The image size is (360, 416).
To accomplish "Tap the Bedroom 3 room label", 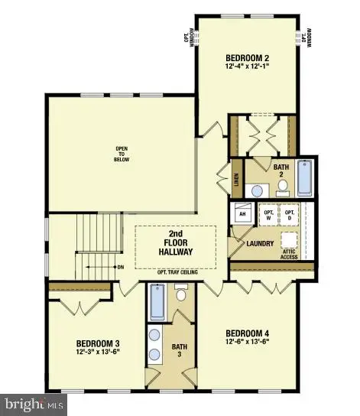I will pos(98,343).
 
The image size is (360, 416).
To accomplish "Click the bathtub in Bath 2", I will pos(303,177).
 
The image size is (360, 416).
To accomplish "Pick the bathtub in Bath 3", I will pos(157,303).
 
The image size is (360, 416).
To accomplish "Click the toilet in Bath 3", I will pos(181,293).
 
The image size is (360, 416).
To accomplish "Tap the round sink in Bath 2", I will pos(258,190).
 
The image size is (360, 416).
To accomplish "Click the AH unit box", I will pos(242,215).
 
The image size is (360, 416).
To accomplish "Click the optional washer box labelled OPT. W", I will pos(268,215).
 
